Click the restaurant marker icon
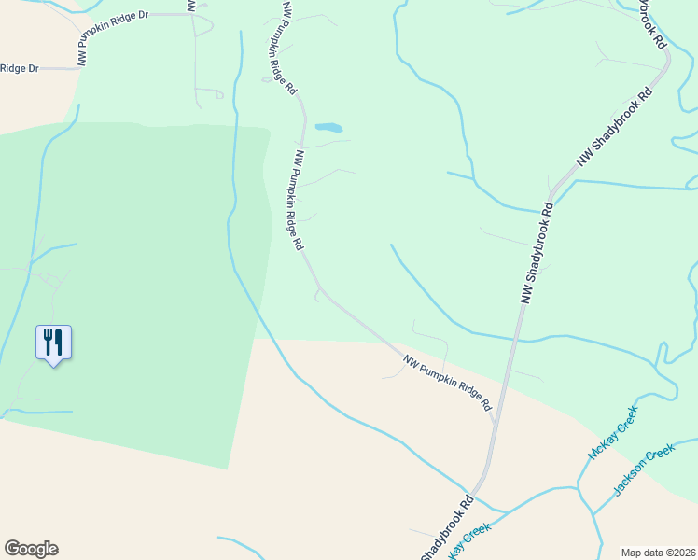tap(53, 343)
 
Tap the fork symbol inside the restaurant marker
tap(48, 341)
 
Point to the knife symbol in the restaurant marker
tap(58, 341)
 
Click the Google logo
tap(31, 549)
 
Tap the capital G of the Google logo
tap(11, 549)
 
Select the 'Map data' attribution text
tap(641, 553)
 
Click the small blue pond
tap(328, 127)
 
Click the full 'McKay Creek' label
tap(612, 432)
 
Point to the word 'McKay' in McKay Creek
tap(600, 444)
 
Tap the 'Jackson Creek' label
tap(644, 470)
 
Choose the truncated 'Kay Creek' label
tap(469, 541)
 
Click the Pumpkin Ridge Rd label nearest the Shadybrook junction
tap(447, 384)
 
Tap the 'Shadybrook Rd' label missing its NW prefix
tap(447, 528)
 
